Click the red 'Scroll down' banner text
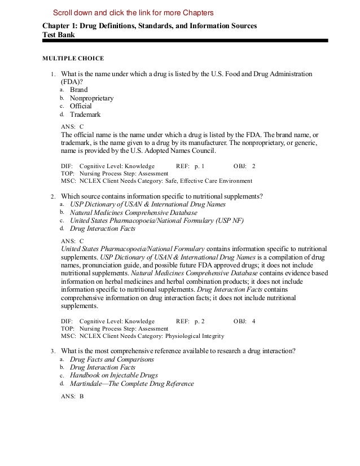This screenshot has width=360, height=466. pos(133,13)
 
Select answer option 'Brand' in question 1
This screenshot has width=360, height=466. pos(78,90)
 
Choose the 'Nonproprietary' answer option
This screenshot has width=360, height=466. pos(91,98)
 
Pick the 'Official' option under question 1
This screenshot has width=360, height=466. pos(81,106)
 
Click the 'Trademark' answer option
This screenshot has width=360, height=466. pos(85,114)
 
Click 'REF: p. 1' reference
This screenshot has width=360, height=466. pos(190,166)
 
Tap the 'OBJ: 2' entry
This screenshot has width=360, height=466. pos(244,166)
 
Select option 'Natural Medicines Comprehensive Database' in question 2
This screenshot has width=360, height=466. pos(133,213)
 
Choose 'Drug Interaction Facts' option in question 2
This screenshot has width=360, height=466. pos(103,229)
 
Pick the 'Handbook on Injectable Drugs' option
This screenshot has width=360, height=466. pos(113,375)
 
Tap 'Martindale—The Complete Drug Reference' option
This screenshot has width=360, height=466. pos(131,384)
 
